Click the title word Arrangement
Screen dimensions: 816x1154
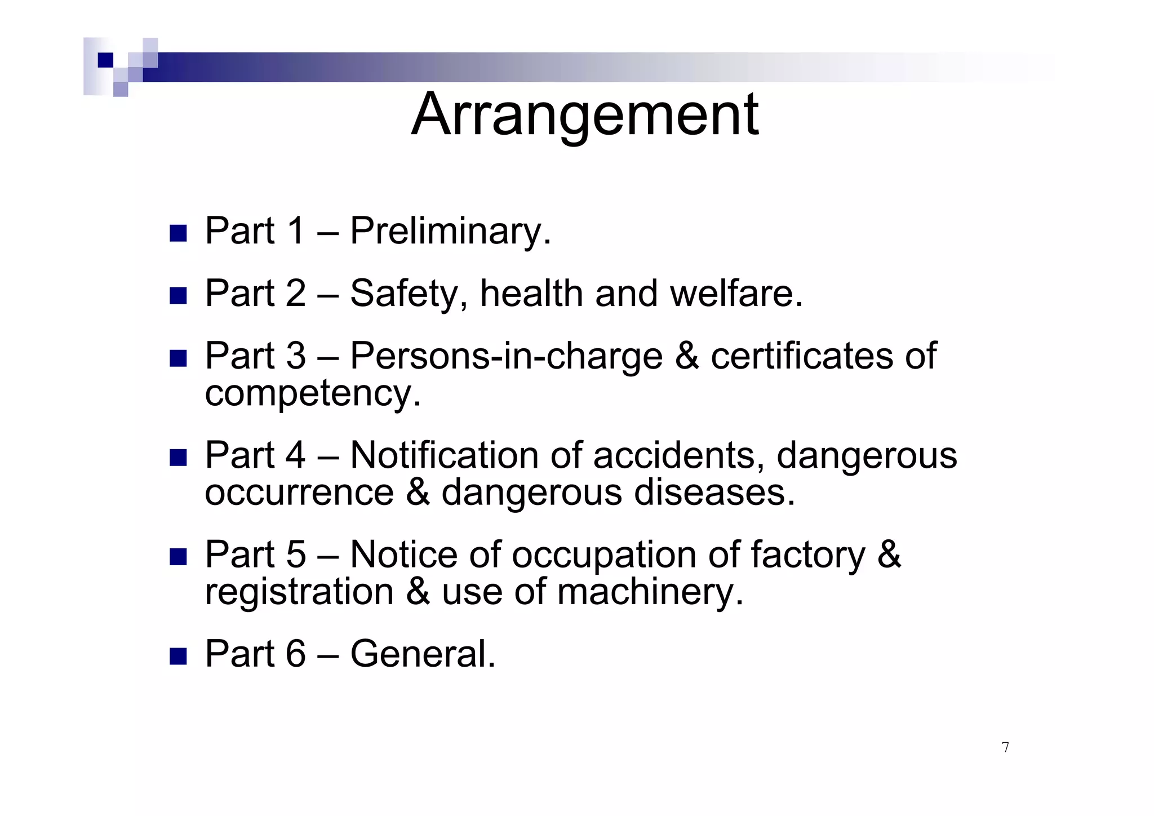[x=585, y=115]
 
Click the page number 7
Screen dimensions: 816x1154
[x=1005, y=747]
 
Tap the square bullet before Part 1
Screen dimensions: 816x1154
[x=178, y=233]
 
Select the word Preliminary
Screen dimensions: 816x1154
[x=450, y=231]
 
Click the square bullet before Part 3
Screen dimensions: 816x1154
[x=178, y=358]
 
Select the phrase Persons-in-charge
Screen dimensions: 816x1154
[x=506, y=357]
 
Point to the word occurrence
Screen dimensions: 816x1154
[x=299, y=493]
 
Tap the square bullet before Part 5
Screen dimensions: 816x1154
[x=178, y=557]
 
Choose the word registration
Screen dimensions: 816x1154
[x=299, y=593]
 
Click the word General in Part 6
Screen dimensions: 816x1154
[x=423, y=655]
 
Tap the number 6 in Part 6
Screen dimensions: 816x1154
[x=295, y=655]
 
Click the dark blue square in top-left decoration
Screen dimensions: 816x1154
[x=105, y=60]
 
